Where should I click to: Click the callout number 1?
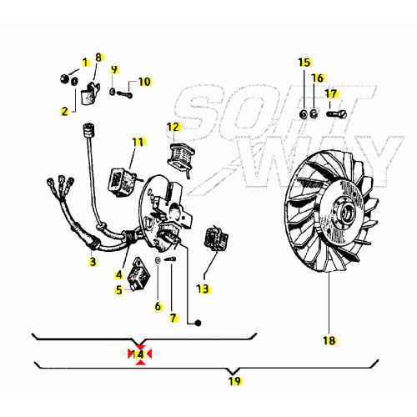pos(83,63)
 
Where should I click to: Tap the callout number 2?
pos(64,110)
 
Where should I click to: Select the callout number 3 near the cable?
pos(92,262)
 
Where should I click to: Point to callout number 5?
pos(119,290)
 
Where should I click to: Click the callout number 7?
pos(173,318)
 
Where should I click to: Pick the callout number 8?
pos(98,58)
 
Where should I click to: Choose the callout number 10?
pos(144,82)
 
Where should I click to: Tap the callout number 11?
pos(138,142)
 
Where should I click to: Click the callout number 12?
pos(173,127)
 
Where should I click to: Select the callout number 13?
pos(203,289)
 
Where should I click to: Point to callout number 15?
pos(304,63)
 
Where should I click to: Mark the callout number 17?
pos(331,93)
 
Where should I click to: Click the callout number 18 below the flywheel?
pos(329,339)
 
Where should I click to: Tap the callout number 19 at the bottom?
pos(234,380)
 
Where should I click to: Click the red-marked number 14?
pos(140,354)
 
